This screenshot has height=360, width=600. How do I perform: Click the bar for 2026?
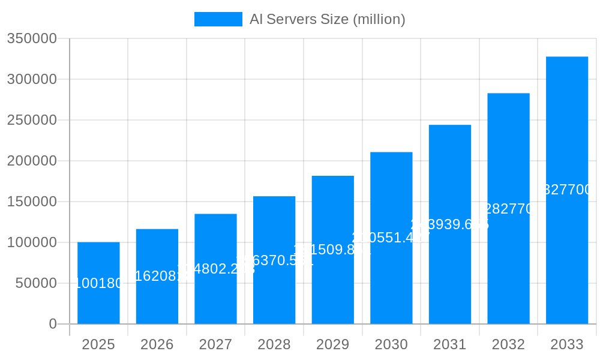[157, 300]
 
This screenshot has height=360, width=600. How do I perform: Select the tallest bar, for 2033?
[567, 252]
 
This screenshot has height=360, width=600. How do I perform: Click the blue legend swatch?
[218, 19]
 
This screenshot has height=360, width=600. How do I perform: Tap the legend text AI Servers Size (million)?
[328, 19]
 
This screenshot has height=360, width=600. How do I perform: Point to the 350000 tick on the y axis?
[32, 39]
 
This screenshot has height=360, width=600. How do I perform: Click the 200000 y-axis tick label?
[32, 161]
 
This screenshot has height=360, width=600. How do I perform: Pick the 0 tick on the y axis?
[53, 324]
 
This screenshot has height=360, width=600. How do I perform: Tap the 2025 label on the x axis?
[98, 344]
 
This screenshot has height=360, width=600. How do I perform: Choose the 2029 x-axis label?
[332, 344]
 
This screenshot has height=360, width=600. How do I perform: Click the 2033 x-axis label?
[567, 344]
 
